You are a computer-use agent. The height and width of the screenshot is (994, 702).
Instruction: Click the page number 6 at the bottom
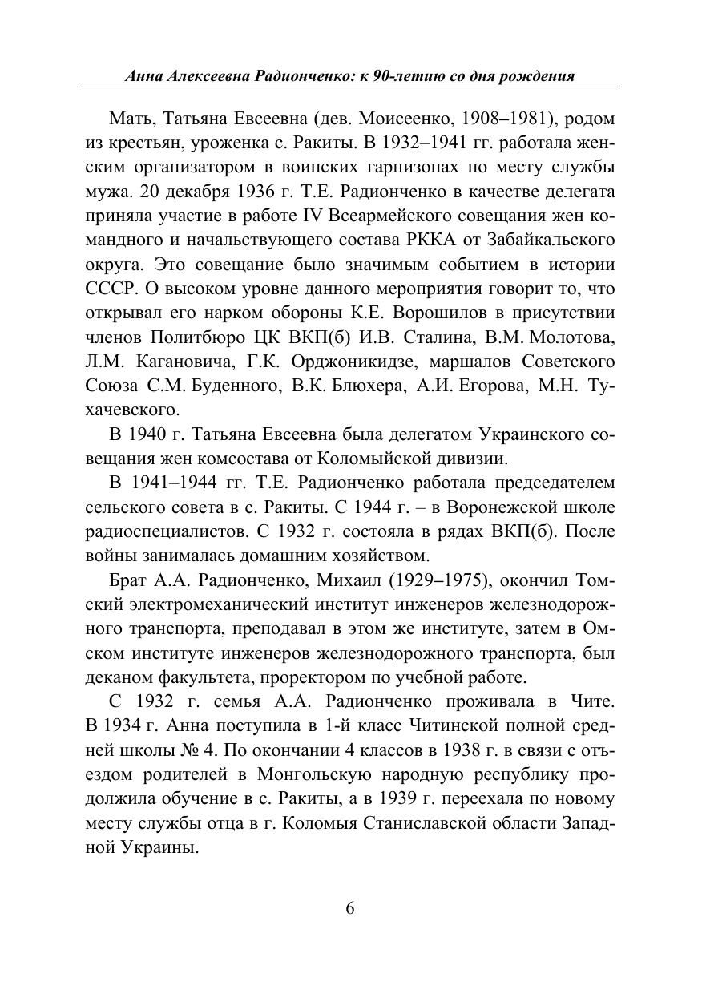tap(349, 908)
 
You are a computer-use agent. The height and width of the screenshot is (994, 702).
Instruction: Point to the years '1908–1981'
tap(506, 119)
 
